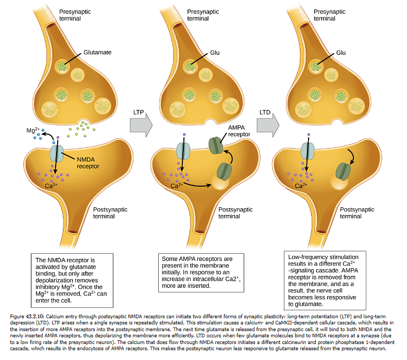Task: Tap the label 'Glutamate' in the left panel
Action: [x=97, y=53]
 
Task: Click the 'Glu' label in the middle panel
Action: [x=215, y=53]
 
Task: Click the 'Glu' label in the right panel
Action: [x=341, y=53]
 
